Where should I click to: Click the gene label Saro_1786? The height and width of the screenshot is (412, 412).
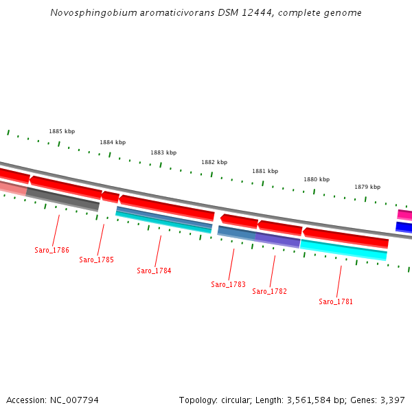51,250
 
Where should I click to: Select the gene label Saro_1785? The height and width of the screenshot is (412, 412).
96,260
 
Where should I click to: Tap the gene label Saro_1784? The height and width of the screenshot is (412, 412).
154,271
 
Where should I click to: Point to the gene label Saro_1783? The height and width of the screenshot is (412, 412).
228,284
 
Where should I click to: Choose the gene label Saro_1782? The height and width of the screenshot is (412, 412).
269,291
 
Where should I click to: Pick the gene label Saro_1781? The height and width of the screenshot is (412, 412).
336,301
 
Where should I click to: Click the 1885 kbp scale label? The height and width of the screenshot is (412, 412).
62,131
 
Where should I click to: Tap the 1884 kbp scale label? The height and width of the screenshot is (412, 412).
113,142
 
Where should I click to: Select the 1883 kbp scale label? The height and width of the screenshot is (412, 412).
163,152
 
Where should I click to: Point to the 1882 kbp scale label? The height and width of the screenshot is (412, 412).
214,162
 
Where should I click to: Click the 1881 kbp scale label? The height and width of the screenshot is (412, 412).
265,171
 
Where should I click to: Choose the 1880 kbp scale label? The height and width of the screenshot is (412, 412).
317,179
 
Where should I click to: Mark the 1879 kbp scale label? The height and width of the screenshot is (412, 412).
367,187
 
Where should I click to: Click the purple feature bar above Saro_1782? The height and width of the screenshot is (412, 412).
278,240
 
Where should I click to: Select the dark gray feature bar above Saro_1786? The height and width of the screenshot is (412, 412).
62,198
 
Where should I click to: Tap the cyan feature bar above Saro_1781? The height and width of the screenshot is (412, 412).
343,251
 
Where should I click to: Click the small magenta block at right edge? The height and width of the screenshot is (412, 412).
404,215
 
